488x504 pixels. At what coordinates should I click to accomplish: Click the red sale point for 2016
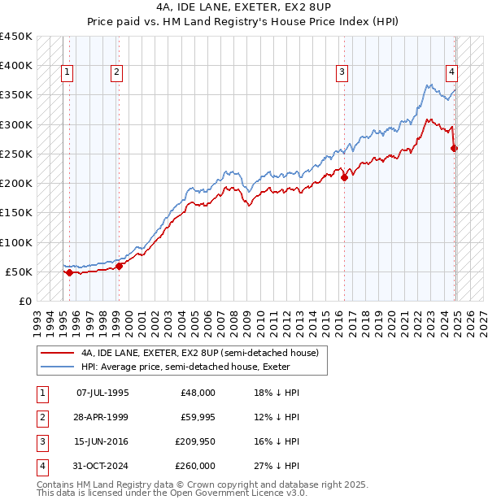[345, 177]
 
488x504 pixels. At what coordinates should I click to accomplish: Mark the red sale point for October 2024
[455, 148]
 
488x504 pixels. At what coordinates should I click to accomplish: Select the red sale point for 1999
[119, 266]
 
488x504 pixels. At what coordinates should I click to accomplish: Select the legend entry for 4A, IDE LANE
[204, 353]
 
